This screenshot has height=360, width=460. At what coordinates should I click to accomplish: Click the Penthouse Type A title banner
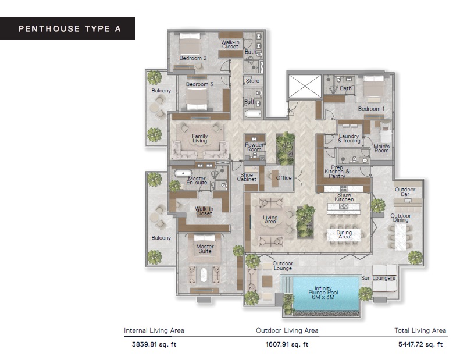[x=67, y=28]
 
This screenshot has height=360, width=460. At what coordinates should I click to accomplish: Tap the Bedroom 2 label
[x=192, y=58]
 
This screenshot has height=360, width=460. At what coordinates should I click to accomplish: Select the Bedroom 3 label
[x=199, y=84]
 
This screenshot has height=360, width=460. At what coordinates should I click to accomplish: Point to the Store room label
[x=252, y=81]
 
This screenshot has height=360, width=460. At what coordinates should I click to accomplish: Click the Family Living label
[x=200, y=138]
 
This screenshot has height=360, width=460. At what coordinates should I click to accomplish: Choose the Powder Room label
[x=255, y=147]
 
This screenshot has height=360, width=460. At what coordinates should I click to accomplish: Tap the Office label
[x=284, y=178]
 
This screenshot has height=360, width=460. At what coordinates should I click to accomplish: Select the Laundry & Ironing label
[x=349, y=138]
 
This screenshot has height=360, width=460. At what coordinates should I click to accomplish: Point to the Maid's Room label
[x=381, y=148]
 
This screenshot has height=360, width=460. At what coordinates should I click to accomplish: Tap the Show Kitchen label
[x=344, y=197]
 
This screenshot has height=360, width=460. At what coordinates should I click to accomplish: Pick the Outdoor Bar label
[x=405, y=193]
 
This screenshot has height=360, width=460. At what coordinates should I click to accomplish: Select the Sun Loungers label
[x=379, y=278]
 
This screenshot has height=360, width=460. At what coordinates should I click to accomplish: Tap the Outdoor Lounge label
[x=283, y=266]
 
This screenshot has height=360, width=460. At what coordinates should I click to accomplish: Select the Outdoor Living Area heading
[x=287, y=330]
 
